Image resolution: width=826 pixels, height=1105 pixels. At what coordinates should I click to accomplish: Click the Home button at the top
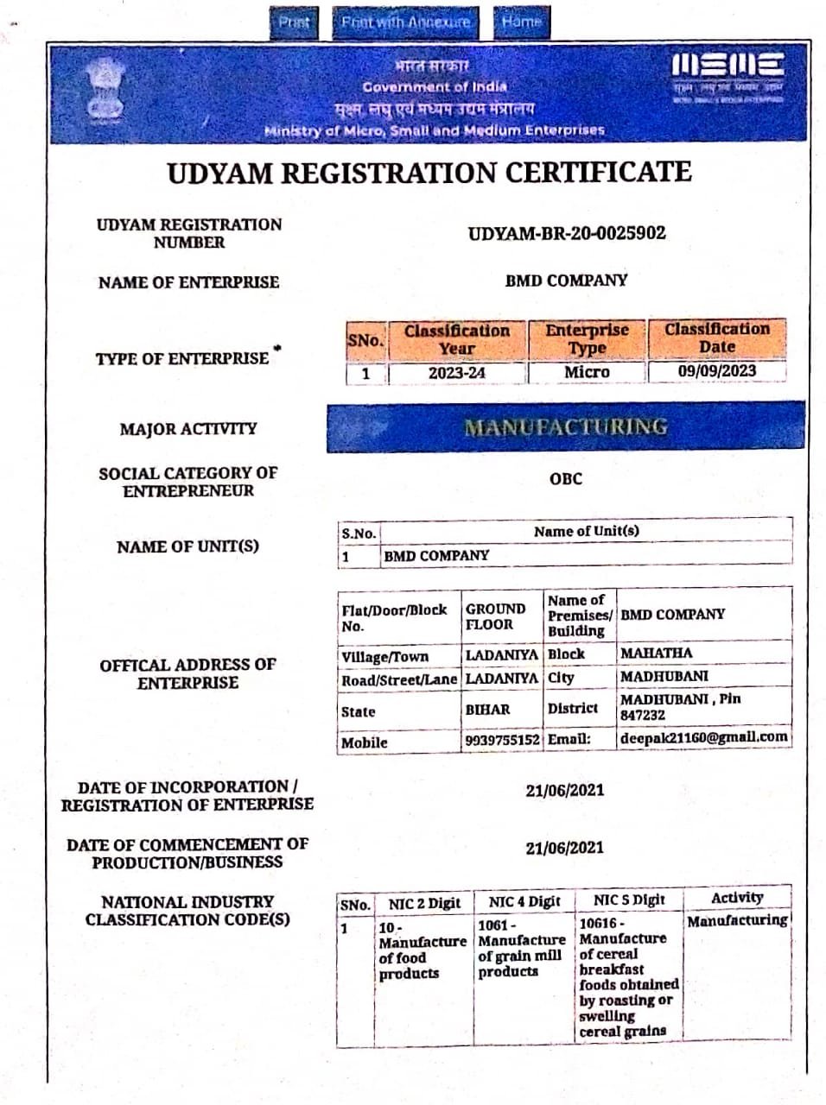[521, 22]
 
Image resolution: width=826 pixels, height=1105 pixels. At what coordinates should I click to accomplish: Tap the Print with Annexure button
[405, 22]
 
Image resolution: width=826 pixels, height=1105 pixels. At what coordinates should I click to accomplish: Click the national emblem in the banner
[105, 90]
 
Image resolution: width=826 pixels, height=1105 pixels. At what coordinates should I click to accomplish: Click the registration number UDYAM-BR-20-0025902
[567, 233]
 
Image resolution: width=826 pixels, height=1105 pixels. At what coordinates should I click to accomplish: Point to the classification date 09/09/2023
[716, 371]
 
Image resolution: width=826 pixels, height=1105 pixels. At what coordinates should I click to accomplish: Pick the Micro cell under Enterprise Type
[587, 372]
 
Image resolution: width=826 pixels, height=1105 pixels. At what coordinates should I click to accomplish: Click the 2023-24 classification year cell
[456, 373]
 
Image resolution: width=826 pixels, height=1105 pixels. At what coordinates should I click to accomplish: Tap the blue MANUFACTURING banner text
[566, 426]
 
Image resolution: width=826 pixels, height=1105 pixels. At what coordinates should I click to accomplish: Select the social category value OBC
[566, 479]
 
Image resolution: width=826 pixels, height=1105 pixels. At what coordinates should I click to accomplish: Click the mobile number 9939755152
[501, 741]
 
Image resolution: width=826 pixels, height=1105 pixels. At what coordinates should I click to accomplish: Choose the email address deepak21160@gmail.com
[703, 737]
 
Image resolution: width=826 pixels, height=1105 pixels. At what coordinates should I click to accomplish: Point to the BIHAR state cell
[487, 710]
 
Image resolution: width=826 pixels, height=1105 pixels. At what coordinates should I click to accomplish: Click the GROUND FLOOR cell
[495, 616]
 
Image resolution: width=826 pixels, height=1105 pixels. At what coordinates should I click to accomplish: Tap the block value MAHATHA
[656, 654]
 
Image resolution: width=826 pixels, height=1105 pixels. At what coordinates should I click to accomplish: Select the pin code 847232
[643, 716]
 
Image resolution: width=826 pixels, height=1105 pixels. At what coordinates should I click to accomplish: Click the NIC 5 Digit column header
[629, 900]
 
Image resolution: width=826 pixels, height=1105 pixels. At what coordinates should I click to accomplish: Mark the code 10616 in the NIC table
[598, 923]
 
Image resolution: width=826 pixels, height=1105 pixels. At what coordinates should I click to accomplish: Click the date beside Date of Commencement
[565, 848]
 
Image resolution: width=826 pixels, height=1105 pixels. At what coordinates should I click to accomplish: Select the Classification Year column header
[456, 339]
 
